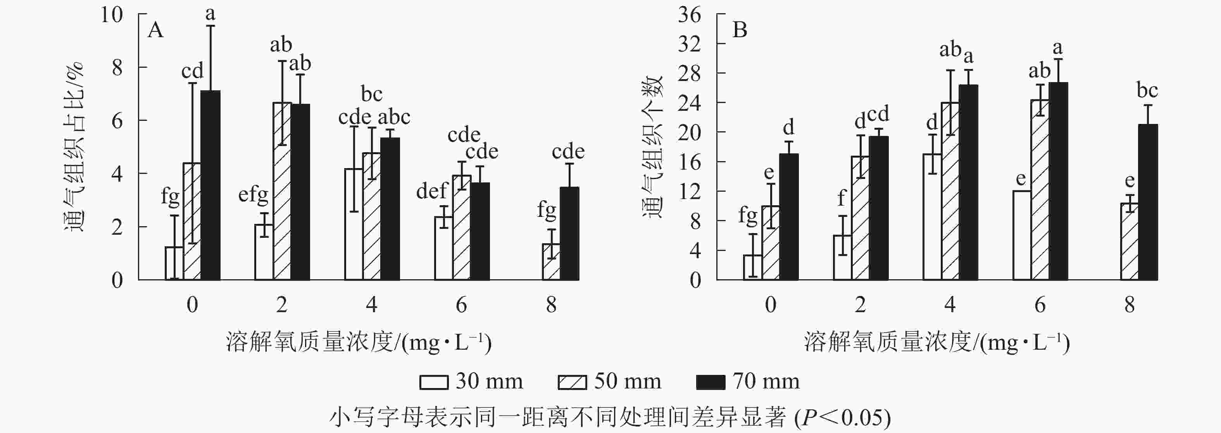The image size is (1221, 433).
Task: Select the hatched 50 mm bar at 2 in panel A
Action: (282, 191)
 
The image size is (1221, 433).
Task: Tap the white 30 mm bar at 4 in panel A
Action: (354, 224)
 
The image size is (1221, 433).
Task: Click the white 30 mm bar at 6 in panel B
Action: (1021, 235)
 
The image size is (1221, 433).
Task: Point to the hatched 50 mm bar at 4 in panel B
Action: (950, 191)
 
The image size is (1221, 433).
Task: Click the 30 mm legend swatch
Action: (434, 382)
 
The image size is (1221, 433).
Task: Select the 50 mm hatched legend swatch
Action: (572, 382)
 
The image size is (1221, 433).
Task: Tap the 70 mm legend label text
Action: (766, 381)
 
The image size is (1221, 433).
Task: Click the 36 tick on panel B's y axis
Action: (689, 15)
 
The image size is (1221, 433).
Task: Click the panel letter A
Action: (155, 30)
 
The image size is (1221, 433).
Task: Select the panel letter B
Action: (740, 30)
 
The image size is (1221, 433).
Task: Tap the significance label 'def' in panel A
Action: (431, 191)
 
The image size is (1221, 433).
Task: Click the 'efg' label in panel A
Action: (253, 195)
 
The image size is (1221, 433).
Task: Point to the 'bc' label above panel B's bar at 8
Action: (1147, 90)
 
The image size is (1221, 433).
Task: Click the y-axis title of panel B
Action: (653, 147)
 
